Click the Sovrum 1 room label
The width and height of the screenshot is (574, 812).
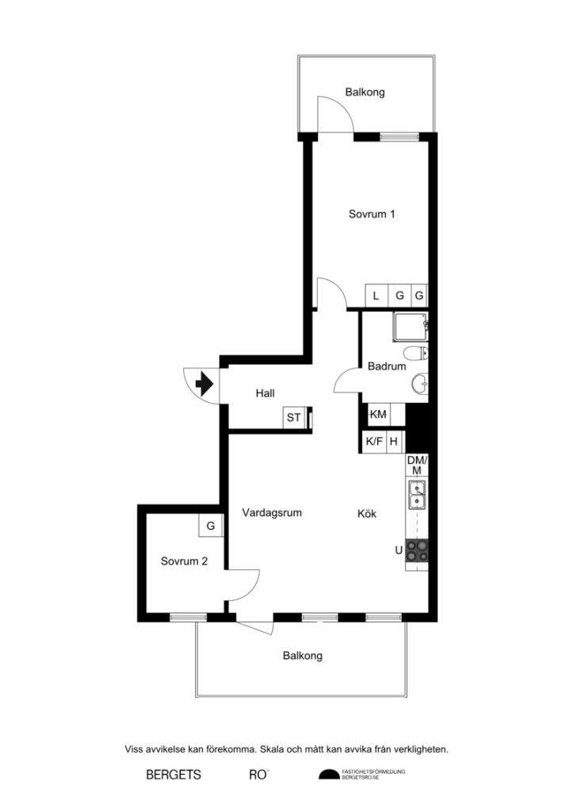(372, 214)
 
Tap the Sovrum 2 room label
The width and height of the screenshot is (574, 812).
(184, 561)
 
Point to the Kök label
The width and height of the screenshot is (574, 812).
(366, 514)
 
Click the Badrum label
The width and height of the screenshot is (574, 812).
(387, 366)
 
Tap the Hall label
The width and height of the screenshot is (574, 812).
(265, 393)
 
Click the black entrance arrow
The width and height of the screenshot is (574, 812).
(204, 385)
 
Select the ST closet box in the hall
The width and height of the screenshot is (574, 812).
(294, 417)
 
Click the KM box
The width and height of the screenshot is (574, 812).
(378, 415)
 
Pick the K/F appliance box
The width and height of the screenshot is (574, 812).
(373, 442)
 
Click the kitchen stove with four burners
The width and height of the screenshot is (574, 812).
(417, 550)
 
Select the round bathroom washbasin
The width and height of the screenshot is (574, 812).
(420, 385)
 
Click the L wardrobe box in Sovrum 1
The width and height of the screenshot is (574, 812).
(377, 296)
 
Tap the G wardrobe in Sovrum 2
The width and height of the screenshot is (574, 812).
(210, 526)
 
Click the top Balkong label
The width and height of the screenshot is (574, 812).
(365, 92)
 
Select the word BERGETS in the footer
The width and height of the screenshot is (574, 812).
(174, 775)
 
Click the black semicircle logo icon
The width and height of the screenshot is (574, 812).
(327, 775)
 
